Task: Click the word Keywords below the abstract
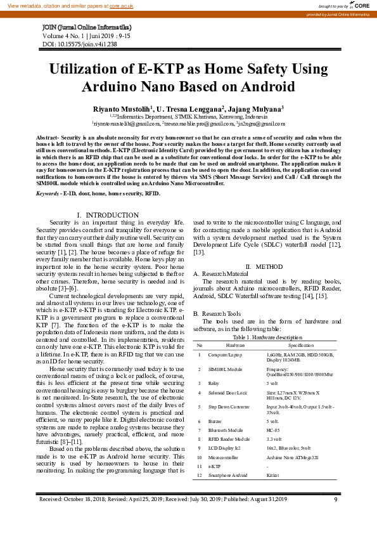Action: (48, 174)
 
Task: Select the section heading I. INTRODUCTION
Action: (107, 198)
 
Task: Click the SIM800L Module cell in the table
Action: (226, 369)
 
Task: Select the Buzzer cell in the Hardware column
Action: (217, 421)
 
